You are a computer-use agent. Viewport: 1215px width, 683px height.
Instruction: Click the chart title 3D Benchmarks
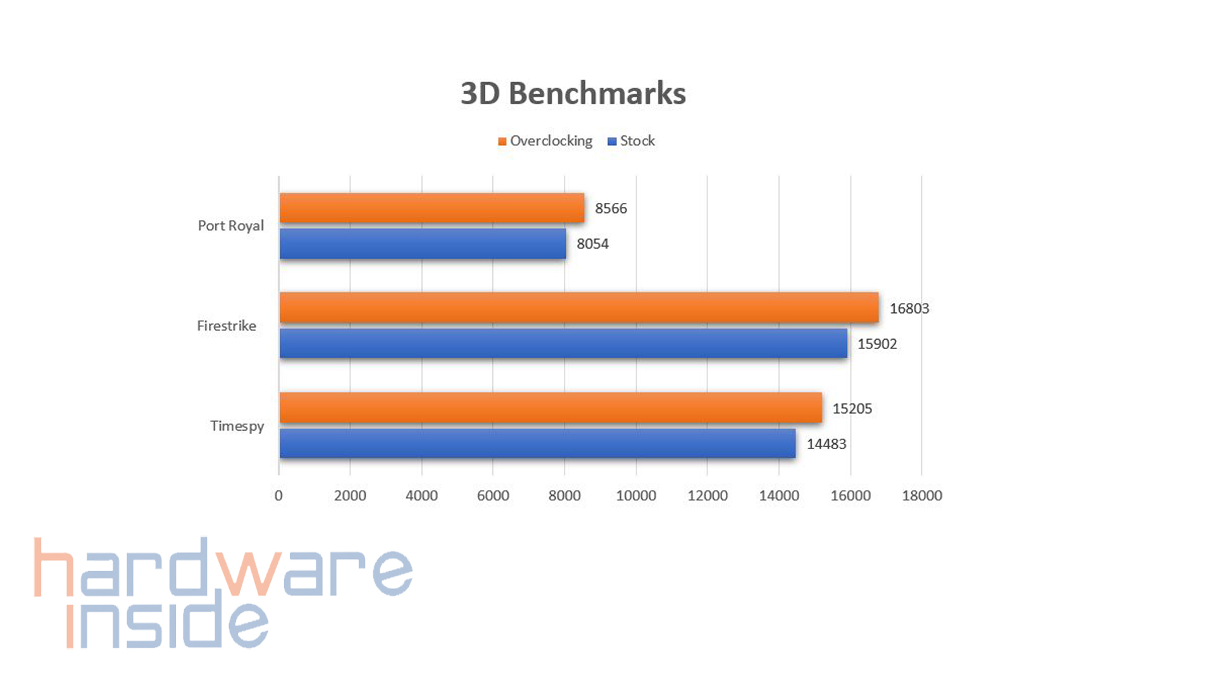(x=573, y=94)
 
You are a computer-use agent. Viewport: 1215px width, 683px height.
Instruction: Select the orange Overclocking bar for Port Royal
(x=432, y=208)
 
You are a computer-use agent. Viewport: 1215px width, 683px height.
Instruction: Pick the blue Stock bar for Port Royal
(x=423, y=243)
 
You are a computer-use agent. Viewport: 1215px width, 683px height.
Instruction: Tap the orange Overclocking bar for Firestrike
(x=578, y=308)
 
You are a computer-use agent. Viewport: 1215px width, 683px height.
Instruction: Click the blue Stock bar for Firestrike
(x=563, y=343)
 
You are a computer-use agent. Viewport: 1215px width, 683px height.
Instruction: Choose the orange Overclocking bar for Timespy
(x=551, y=408)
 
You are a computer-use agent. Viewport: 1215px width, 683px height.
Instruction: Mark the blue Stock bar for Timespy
(x=537, y=443)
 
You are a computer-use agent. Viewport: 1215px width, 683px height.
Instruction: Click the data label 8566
(x=611, y=209)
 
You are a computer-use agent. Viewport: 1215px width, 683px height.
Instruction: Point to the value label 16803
(x=909, y=309)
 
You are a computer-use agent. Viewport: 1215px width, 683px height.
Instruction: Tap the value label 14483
(x=826, y=444)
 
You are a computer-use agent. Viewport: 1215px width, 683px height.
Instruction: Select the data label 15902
(x=877, y=344)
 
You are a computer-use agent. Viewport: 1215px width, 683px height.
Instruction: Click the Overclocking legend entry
(x=545, y=141)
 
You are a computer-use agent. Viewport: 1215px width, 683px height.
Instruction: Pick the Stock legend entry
(x=632, y=141)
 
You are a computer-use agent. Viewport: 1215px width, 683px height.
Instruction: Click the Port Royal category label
(x=230, y=226)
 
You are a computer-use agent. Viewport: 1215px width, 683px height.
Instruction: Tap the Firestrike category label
(x=227, y=326)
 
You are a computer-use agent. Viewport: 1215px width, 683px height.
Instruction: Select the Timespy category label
(x=237, y=426)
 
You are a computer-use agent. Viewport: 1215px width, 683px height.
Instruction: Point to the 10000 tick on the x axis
(x=636, y=496)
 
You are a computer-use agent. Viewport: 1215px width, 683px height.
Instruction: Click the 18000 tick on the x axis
(x=921, y=496)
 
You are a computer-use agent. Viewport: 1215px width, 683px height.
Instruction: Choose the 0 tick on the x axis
(x=278, y=496)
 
